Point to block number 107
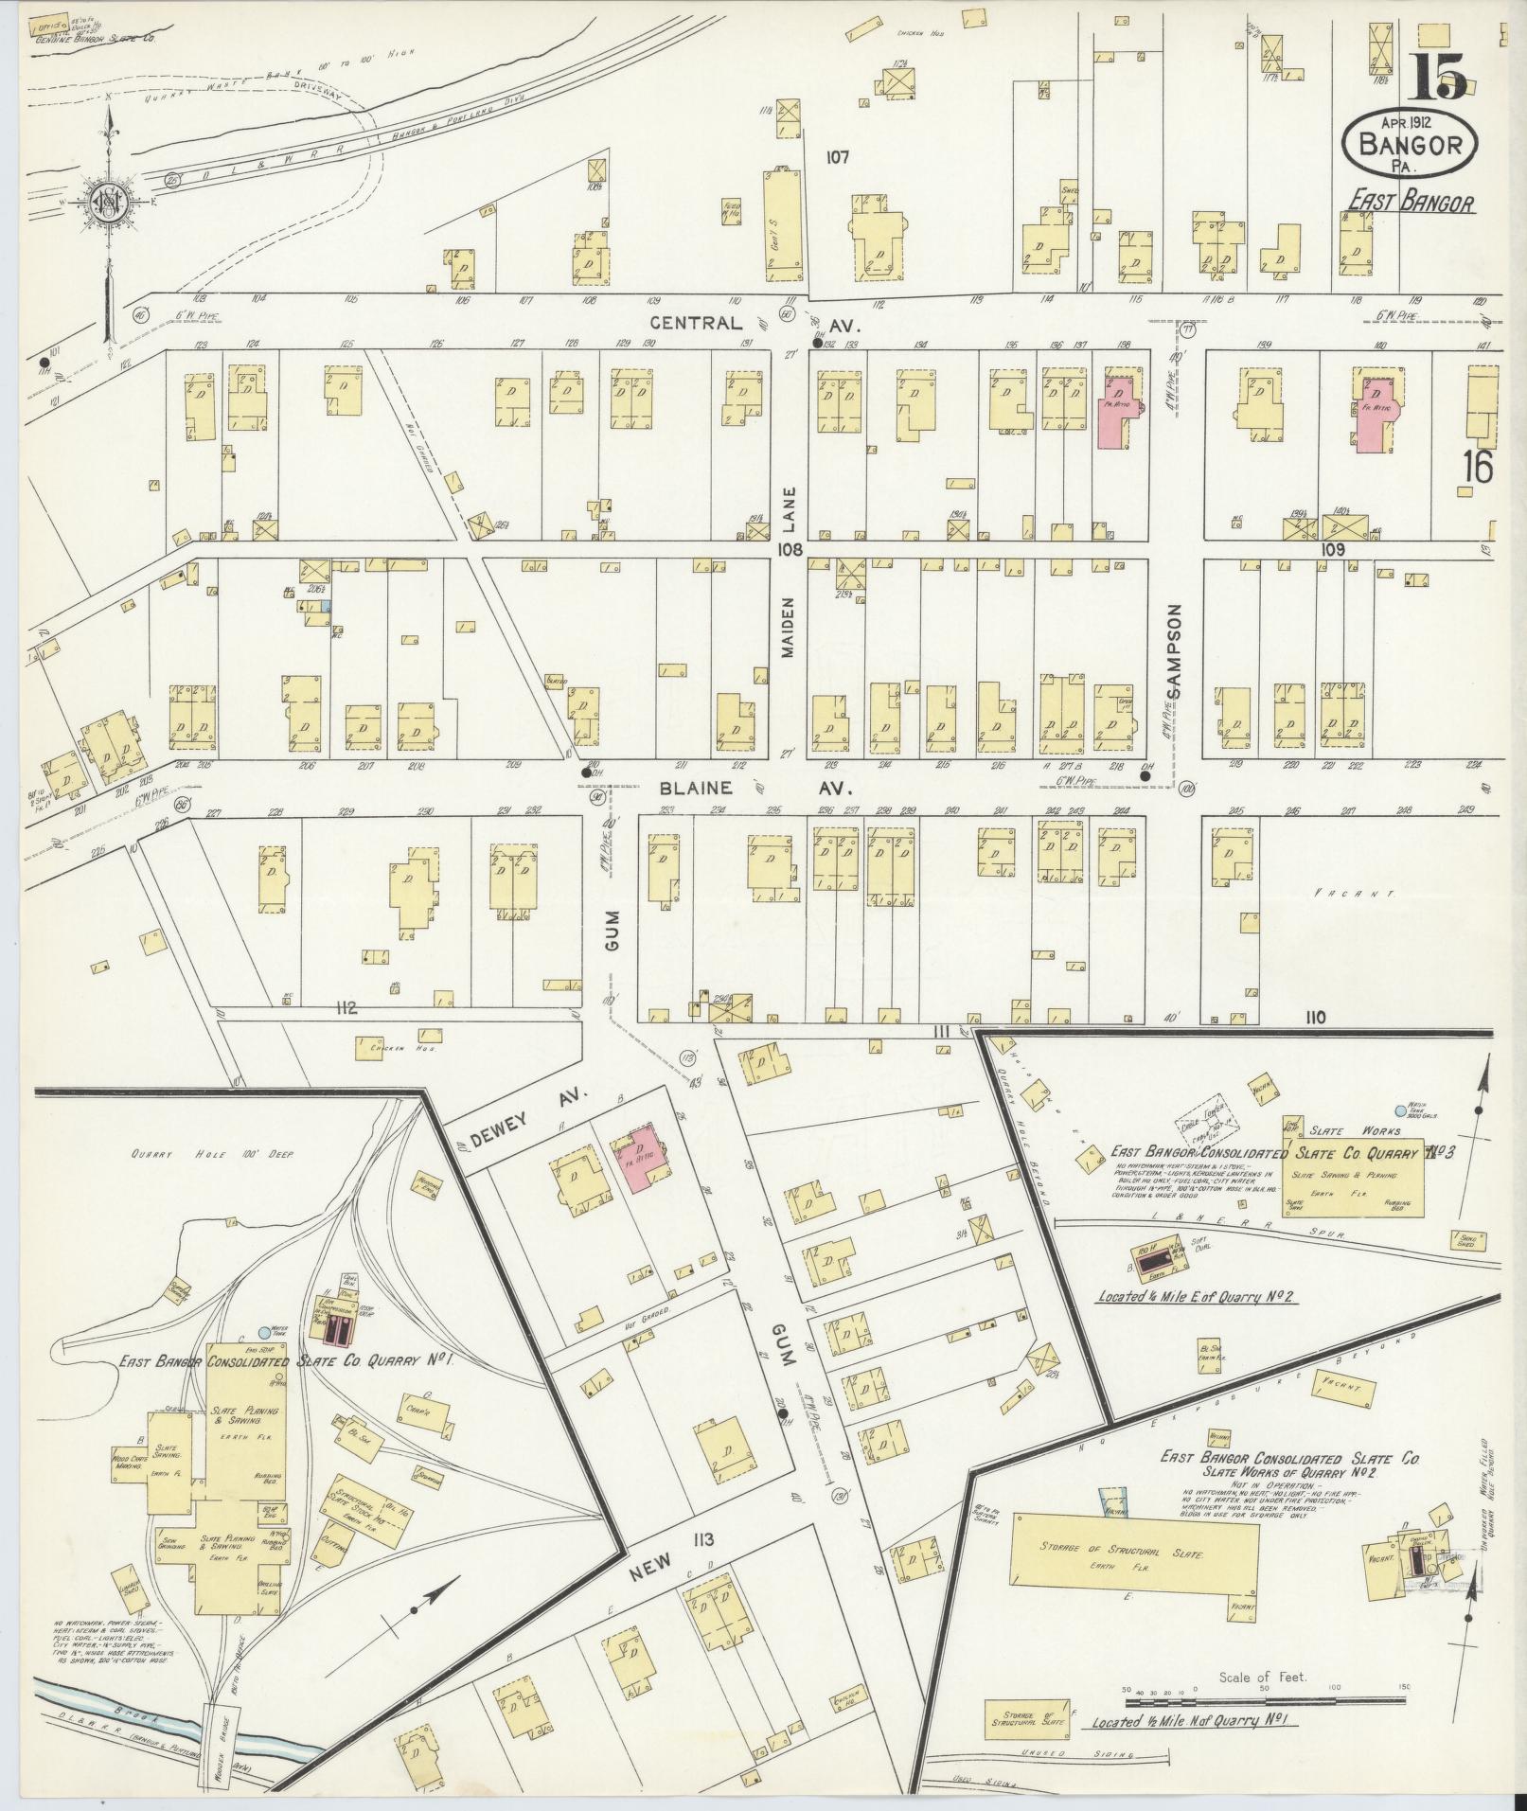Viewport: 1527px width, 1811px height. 836,157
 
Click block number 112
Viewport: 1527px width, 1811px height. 345,1009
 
